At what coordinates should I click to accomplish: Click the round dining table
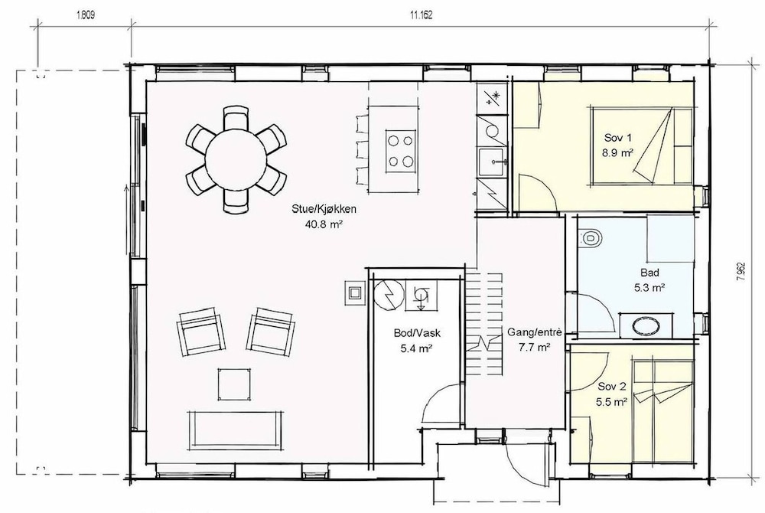coord(236,158)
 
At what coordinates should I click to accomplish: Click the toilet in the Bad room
coord(591,238)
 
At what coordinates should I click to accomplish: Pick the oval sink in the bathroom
coord(646,325)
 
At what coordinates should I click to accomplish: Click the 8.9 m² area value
coord(617,152)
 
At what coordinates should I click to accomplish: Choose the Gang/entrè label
coord(534,332)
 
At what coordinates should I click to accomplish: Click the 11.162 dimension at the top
coord(421,15)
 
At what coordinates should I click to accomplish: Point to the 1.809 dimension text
coord(85,15)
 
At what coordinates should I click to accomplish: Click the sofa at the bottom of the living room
coord(236,429)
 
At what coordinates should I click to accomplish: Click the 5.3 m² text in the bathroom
coord(649,287)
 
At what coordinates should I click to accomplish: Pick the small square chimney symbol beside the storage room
coord(355,292)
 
